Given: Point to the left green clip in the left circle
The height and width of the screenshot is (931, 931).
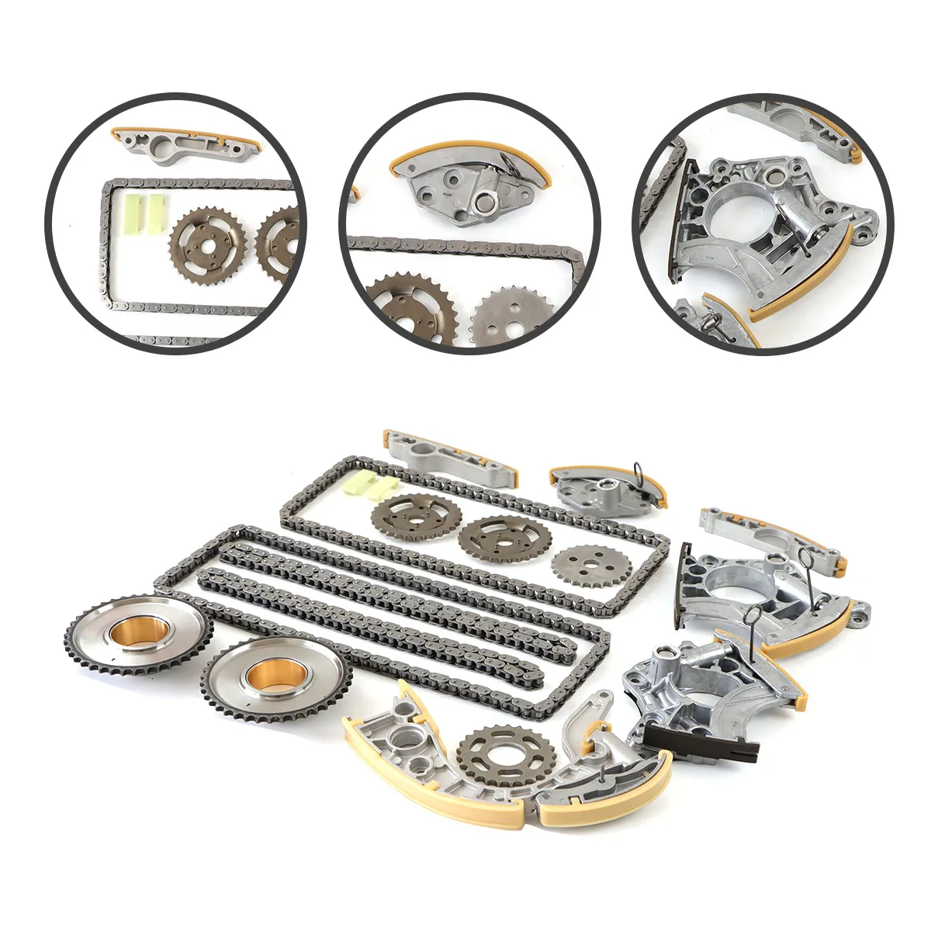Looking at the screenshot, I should pos(132,209).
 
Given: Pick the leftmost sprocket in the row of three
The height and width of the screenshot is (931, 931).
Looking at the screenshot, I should pos(416,516).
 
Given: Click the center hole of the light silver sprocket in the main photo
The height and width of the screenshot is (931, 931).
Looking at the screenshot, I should pos(581,573).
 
